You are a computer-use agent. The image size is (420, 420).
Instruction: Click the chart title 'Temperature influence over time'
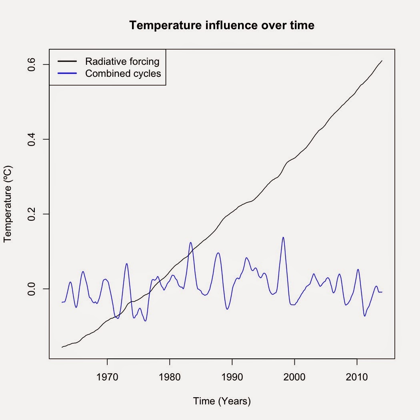click(x=222, y=26)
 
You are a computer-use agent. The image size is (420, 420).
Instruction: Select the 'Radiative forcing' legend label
click(x=122, y=62)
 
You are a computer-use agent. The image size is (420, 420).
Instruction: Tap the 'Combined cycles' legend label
click(x=123, y=74)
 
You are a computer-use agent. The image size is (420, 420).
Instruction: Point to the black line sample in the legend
click(x=67, y=62)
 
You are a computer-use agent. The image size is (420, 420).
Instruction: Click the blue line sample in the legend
click(x=67, y=74)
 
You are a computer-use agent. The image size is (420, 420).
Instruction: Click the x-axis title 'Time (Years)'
click(x=222, y=401)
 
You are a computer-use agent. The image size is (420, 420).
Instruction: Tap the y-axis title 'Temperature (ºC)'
click(x=8, y=204)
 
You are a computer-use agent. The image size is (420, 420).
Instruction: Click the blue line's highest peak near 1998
click(x=283, y=237)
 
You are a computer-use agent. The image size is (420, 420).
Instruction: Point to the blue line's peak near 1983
click(x=190, y=242)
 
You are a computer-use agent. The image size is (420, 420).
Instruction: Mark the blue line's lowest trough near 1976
click(x=146, y=321)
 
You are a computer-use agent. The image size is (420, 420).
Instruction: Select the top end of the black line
click(x=382, y=61)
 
